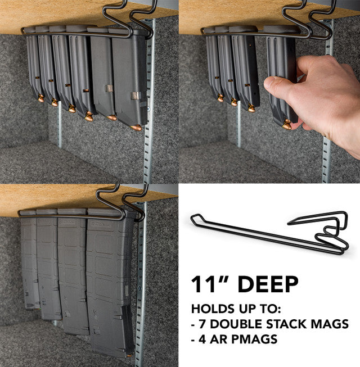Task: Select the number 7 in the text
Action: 202,324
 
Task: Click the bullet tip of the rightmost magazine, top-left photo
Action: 137,128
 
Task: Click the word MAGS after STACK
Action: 332,324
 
